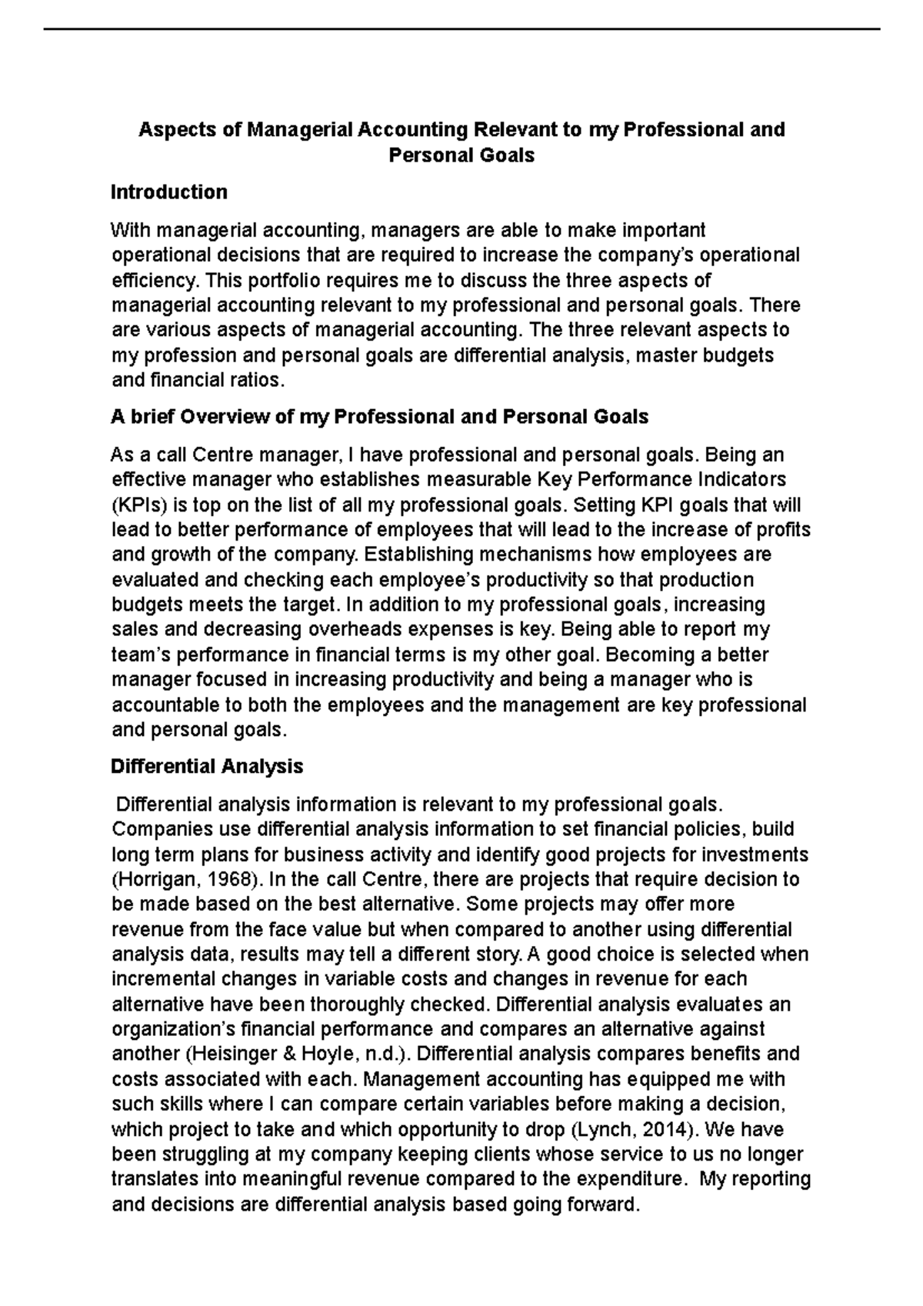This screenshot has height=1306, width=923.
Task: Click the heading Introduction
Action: point(168,192)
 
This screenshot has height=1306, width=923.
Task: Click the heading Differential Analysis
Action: point(207,767)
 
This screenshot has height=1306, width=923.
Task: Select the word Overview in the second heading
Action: point(225,418)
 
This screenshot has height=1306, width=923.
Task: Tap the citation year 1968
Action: point(234,880)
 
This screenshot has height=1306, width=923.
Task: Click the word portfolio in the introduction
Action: point(260,281)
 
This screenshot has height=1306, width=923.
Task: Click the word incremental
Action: point(158,980)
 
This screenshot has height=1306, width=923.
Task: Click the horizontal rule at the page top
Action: point(461,29)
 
